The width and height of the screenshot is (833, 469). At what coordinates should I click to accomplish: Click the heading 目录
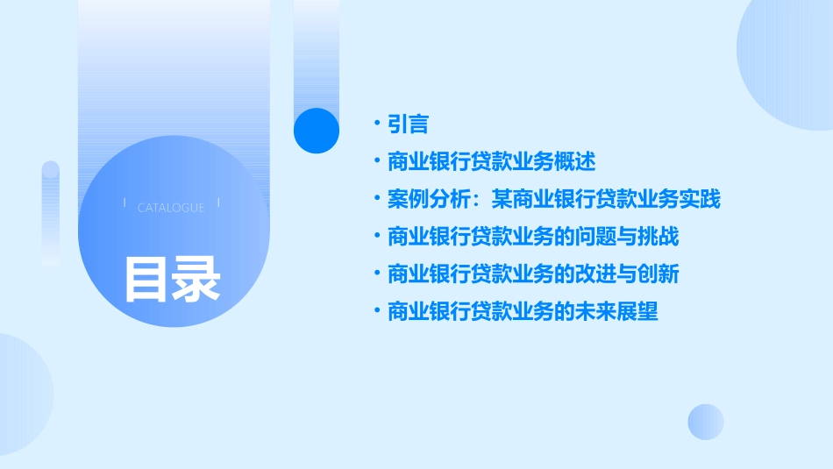172,280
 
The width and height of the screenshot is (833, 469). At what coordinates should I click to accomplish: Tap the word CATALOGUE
171,208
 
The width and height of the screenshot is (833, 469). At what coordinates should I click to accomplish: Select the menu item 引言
408,124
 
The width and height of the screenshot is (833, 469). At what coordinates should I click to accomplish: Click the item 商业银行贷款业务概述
491,161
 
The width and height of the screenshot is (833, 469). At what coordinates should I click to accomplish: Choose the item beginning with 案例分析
553,199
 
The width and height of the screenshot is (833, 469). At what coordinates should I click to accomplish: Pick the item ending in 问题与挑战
533,237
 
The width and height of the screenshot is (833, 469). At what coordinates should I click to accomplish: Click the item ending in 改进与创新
533,274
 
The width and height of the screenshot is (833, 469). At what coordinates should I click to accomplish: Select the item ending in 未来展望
523,311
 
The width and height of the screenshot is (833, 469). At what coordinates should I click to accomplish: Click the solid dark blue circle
316,131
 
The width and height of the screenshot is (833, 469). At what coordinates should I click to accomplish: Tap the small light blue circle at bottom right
706,422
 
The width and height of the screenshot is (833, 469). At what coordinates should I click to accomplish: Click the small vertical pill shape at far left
50,213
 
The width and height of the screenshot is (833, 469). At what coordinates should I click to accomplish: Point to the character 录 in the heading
196,280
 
